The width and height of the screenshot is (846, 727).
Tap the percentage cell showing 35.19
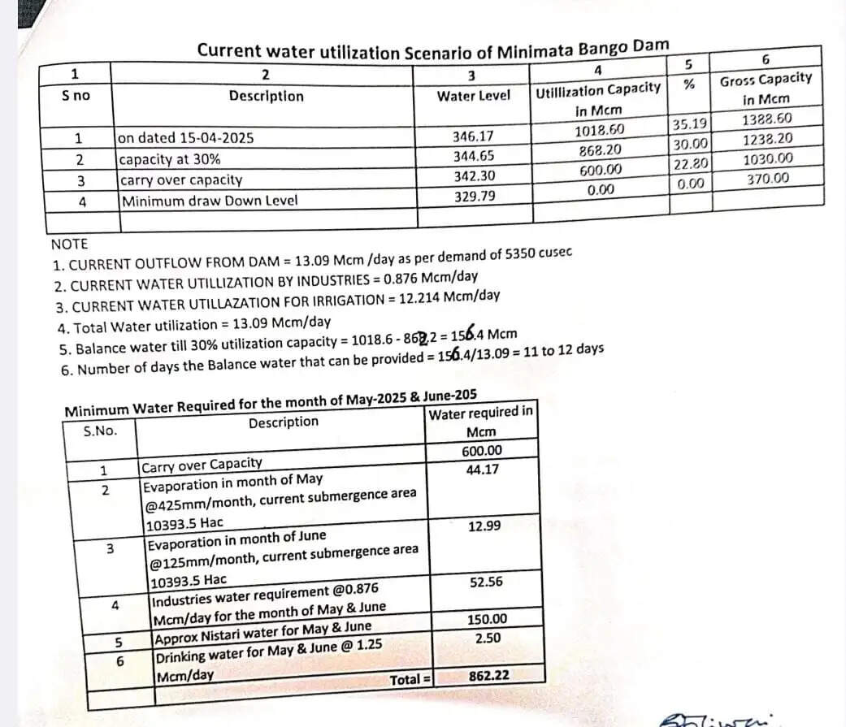691,124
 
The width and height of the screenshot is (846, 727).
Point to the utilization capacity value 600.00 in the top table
601,170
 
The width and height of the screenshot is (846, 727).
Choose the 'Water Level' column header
474,96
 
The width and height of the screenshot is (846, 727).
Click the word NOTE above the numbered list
69,244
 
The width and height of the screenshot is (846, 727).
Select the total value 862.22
489,676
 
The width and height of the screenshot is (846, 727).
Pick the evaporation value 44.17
483,469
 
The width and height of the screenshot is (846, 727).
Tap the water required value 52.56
486,582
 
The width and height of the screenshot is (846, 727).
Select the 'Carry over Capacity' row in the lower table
202,464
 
